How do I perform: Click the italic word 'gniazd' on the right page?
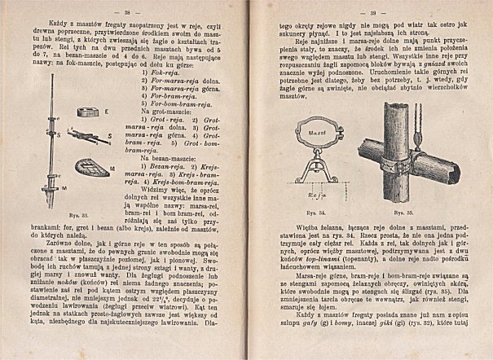click(415, 72)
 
